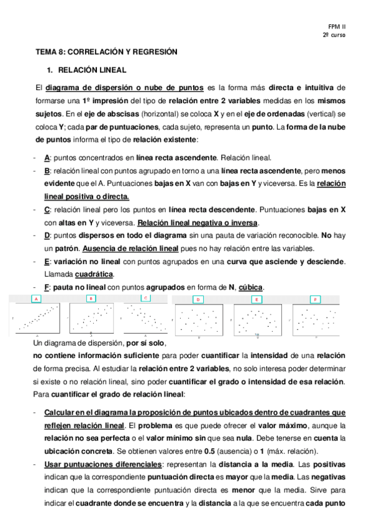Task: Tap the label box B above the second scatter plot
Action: pyautogui.click(x=91, y=298)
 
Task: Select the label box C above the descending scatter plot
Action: pyautogui.click(x=145, y=298)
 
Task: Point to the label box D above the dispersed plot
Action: pyautogui.click(x=198, y=300)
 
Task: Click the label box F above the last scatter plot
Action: pyautogui.click(x=315, y=300)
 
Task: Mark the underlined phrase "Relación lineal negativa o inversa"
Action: pyautogui.click(x=197, y=222)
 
